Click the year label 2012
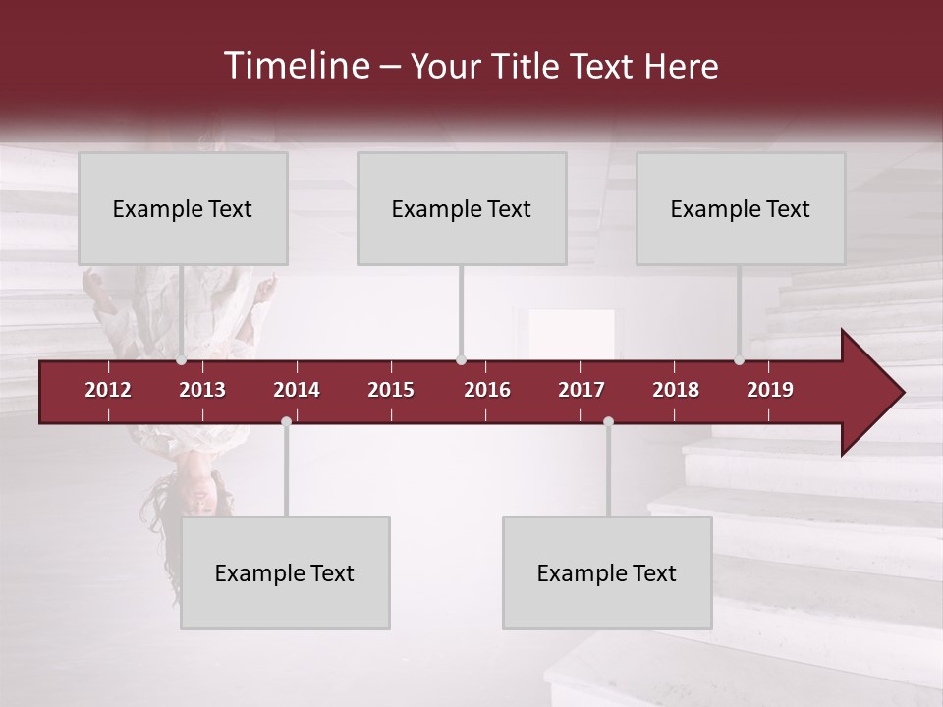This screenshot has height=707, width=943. pyautogui.click(x=108, y=390)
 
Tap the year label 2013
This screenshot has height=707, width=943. pyautogui.click(x=202, y=390)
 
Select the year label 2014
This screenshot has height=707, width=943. pyautogui.click(x=297, y=390)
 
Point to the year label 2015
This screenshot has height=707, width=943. pyautogui.click(x=391, y=390)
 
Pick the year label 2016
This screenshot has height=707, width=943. pyautogui.click(x=487, y=390)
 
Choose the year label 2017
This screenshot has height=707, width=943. pyautogui.click(x=582, y=390)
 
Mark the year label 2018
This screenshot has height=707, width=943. pyautogui.click(x=676, y=390)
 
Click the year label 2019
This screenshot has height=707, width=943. pyautogui.click(x=770, y=390)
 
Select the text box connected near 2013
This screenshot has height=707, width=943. pyautogui.click(x=183, y=209)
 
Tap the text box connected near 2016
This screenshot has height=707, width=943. pyautogui.click(x=462, y=209)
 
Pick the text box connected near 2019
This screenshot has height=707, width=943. pyautogui.click(x=741, y=209)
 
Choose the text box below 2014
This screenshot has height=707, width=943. pyautogui.click(x=285, y=572)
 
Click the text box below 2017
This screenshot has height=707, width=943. pyautogui.click(x=607, y=572)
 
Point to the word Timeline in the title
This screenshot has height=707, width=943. pyautogui.click(x=295, y=66)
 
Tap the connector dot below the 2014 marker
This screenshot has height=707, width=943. pyautogui.click(x=286, y=421)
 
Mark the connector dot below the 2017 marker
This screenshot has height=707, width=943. pyautogui.click(x=608, y=421)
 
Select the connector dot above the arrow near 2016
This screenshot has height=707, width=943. pyautogui.click(x=462, y=360)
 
